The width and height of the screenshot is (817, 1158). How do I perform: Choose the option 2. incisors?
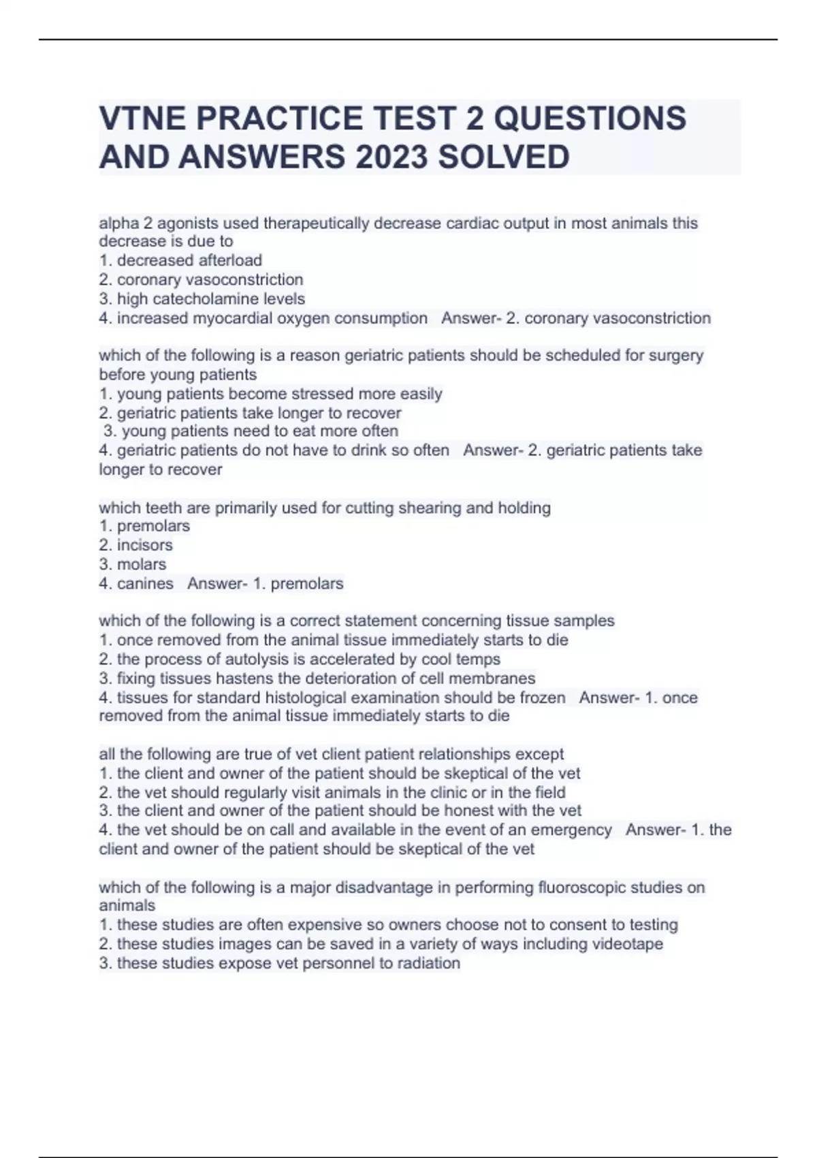click(x=136, y=545)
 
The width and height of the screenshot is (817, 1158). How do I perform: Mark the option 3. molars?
click(x=133, y=564)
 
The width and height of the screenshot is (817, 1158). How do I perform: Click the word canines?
click(x=145, y=584)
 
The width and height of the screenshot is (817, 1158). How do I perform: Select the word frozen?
click(x=543, y=698)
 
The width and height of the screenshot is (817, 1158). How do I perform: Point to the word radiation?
click(x=428, y=963)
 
